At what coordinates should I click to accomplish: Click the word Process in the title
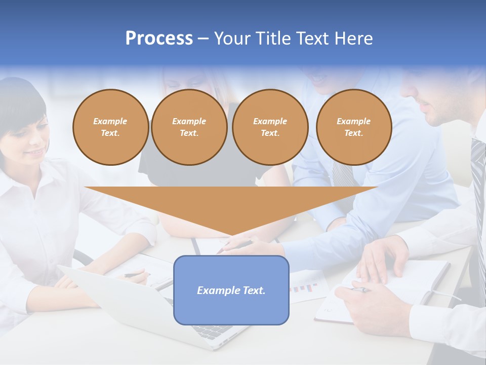[x=159, y=39]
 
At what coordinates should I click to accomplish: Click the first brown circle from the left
[x=110, y=127]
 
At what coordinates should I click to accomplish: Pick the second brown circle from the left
[x=189, y=127]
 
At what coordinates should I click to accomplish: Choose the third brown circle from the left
[x=270, y=127]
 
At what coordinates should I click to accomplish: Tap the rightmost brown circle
[x=353, y=127]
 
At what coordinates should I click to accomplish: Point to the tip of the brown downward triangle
[x=231, y=235]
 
